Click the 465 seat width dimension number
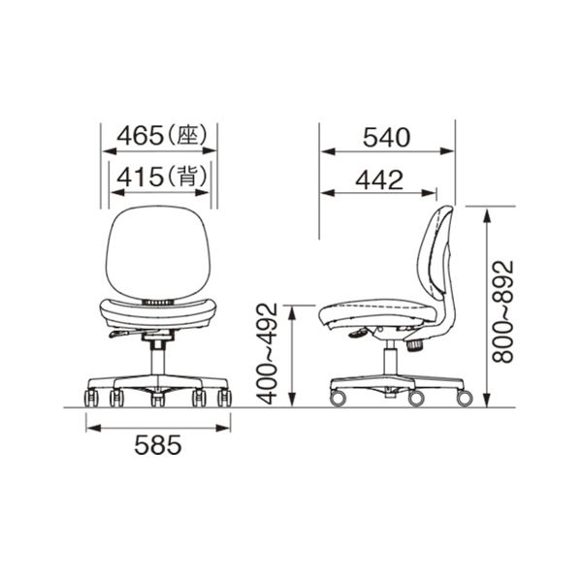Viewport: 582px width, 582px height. coord(140,135)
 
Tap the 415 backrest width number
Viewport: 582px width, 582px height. coord(140,177)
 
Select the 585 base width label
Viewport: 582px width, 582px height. coord(158,445)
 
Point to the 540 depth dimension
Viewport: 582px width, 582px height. coord(386,138)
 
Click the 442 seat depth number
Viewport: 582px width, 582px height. coord(379,180)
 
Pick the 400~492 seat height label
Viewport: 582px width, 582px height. coord(268,354)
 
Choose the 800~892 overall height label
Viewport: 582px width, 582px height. coord(502,311)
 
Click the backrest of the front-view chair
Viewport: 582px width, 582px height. coord(158,252)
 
